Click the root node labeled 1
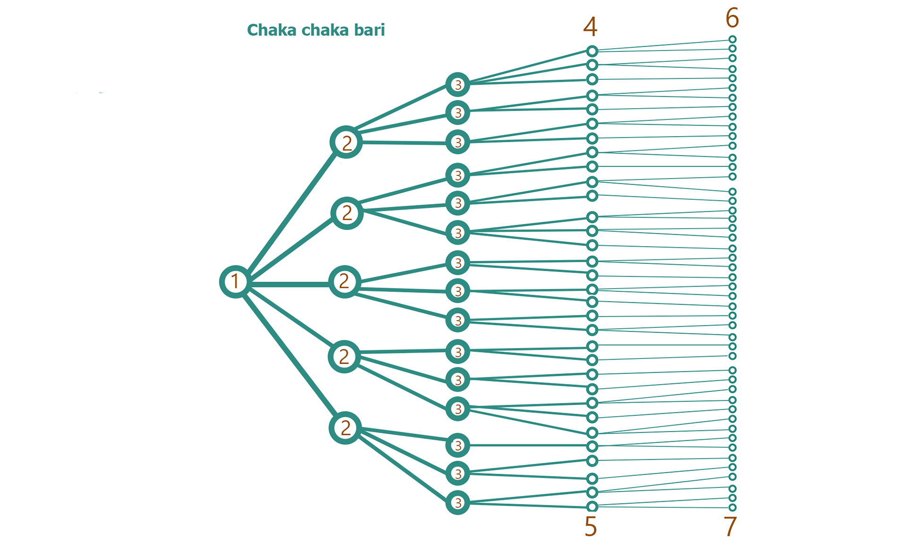pos(235,282)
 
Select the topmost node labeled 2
pos(346,142)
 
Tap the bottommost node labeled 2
pos(345,428)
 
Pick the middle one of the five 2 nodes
pos(344,282)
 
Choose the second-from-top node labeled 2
pos(347,213)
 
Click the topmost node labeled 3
pos(457,85)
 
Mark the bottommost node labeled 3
pos(457,503)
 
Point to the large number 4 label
pos(590,27)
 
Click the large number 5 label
pos(590,527)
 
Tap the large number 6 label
pos(732,18)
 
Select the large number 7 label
pos(730,527)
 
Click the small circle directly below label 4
pos(592,51)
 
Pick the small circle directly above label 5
pos(592,507)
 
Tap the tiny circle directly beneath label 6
pos(732,40)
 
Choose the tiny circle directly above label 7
pos(732,508)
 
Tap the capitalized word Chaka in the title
pos(271,30)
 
